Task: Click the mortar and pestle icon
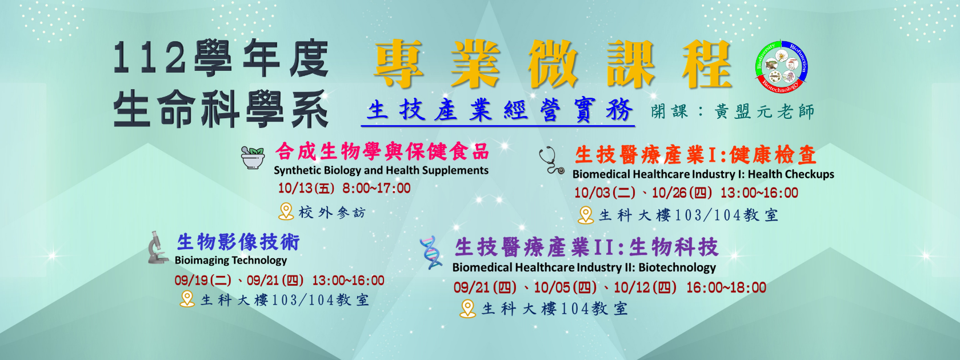[x=253, y=157]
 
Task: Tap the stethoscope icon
[x=551, y=160]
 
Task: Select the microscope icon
[x=157, y=247]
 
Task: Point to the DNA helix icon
[x=431, y=252]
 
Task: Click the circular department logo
[x=781, y=66]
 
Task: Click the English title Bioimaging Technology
[x=231, y=260]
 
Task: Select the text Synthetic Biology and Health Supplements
[x=381, y=170]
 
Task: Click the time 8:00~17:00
[x=376, y=188]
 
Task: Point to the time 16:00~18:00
[x=726, y=287]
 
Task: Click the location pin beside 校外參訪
[x=286, y=211]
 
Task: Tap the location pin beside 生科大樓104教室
[x=467, y=309]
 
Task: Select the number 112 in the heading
[x=149, y=59]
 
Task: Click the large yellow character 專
[x=399, y=64]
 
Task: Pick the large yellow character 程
[x=707, y=64]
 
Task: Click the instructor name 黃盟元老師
[x=764, y=111]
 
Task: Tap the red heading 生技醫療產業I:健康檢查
[x=695, y=155]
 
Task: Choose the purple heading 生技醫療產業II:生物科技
[x=586, y=247]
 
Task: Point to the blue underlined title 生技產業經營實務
[x=499, y=110]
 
